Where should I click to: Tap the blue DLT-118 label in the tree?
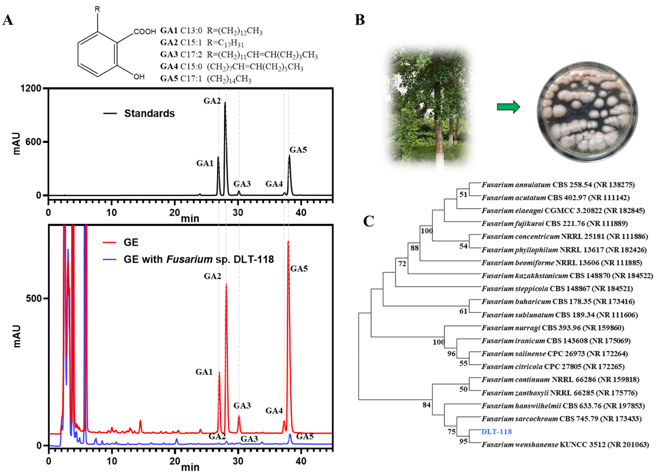point(496,432)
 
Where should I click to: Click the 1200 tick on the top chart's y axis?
point(31,88)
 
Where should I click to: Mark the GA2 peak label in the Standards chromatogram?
point(212,101)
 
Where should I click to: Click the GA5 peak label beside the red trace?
point(299,269)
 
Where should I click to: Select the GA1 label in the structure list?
point(169,31)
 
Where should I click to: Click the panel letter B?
point(360,20)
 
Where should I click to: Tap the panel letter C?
point(368,221)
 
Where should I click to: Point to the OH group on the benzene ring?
point(139,77)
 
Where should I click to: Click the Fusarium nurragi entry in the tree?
point(552,328)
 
